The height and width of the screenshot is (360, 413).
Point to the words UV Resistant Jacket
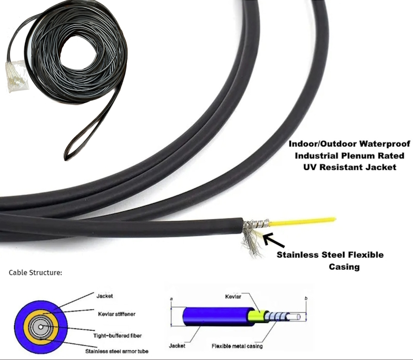tap(350, 167)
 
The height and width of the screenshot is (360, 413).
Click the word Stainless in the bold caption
tap(299, 255)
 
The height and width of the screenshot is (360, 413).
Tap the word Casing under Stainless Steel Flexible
tap(344, 267)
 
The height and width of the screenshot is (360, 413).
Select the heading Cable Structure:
tap(35, 272)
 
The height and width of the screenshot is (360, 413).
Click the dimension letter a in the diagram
tap(171, 298)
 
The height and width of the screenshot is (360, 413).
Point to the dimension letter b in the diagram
tap(307, 299)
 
